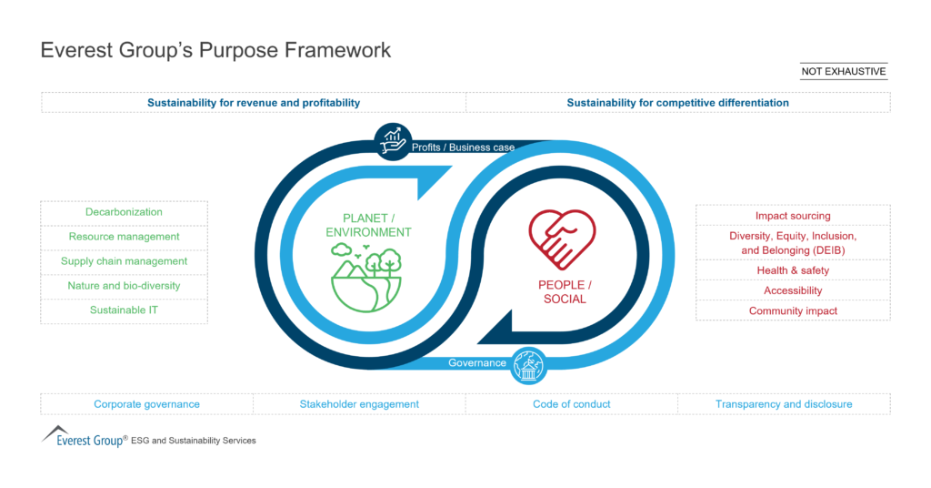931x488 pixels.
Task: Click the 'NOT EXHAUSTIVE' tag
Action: [843, 71]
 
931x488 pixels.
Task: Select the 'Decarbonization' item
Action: [124, 212]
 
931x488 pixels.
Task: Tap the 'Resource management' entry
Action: [124, 237]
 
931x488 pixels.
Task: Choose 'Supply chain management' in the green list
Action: [124, 261]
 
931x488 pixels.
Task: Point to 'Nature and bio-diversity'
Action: [124, 286]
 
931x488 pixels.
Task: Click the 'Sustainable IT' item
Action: [124, 310]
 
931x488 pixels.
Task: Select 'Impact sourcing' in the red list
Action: [793, 216]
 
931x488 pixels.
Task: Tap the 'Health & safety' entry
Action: [793, 270]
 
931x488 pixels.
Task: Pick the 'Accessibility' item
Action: [793, 290]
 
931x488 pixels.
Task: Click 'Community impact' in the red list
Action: [793, 310]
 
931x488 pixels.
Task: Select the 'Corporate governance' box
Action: [146, 404]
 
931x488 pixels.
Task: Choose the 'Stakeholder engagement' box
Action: [359, 404]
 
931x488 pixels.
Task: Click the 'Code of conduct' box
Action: [572, 404]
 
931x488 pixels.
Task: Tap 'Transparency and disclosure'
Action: [784, 404]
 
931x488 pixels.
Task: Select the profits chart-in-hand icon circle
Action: [392, 140]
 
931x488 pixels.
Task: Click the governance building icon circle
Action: [528, 365]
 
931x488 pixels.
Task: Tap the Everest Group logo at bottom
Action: [84, 437]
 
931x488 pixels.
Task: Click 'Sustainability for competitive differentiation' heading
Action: [677, 103]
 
